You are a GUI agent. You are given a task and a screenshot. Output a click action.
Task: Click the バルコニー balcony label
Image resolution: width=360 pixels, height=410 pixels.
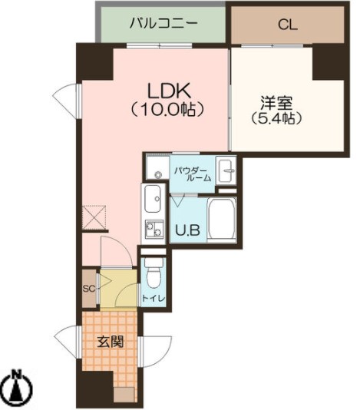click(163, 24)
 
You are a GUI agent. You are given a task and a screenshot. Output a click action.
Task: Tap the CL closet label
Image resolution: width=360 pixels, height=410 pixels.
click(288, 25)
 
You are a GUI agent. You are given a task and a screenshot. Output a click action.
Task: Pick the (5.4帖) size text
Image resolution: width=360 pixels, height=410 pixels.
click(274, 119)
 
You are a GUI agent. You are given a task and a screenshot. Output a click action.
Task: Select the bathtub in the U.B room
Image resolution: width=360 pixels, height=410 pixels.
click(221, 220)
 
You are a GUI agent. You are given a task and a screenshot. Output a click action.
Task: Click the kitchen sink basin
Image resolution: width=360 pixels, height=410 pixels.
click(152, 200)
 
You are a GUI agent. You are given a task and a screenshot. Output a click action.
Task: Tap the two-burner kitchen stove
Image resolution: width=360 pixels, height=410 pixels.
click(152, 229)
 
